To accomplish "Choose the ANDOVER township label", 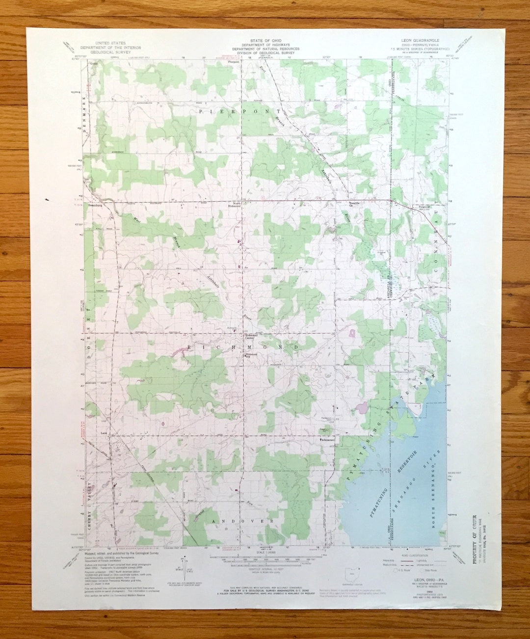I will point(242,521).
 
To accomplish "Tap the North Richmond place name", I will point(237,204).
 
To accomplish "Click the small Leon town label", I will point(104,433).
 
